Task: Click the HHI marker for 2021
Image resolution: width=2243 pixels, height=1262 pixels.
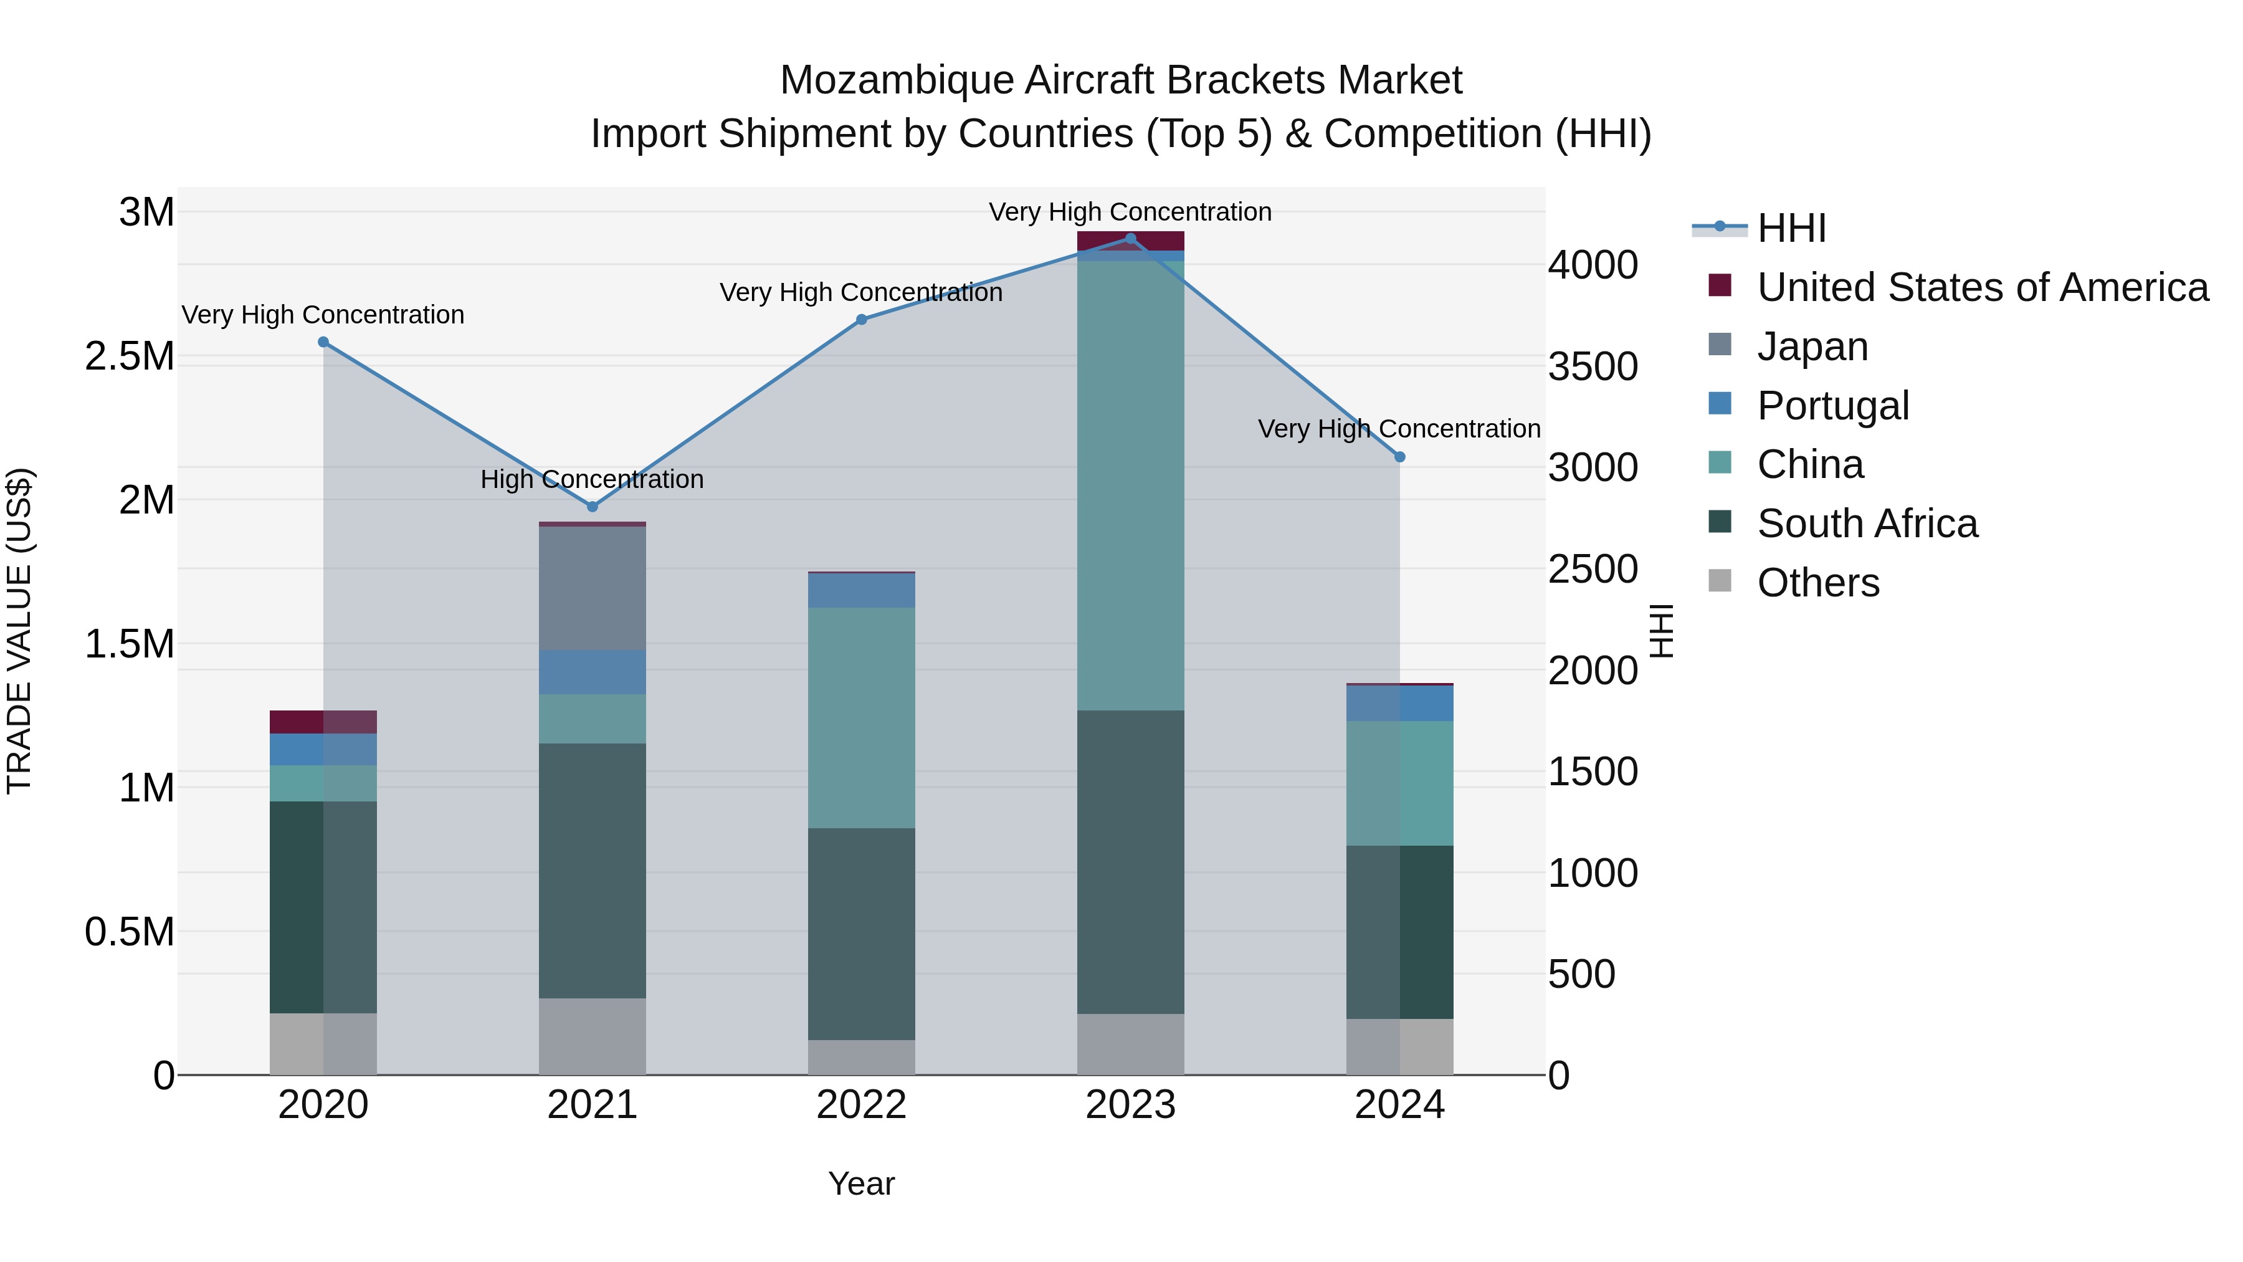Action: [592, 506]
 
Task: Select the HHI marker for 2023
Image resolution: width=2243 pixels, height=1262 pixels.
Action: [1130, 239]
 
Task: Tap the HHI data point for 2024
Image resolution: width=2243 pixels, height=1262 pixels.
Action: [1399, 456]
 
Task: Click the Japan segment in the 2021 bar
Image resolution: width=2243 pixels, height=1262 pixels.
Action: [592, 588]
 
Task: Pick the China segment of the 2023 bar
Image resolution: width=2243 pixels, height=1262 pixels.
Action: [1130, 485]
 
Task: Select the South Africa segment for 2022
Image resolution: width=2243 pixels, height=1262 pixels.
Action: [861, 934]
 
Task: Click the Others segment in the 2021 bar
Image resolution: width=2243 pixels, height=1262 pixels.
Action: [592, 1036]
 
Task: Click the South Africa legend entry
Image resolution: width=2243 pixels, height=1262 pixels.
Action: [1866, 523]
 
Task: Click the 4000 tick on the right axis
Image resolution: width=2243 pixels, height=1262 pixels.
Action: [1593, 265]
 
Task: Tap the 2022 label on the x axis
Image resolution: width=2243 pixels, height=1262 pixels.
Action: [861, 1105]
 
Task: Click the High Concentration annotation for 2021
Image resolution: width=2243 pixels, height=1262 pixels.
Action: [592, 479]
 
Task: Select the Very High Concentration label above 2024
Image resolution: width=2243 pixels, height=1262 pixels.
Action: [1399, 429]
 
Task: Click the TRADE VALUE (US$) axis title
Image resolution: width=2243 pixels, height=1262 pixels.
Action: [19, 631]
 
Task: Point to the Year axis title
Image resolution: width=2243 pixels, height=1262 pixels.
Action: [861, 1183]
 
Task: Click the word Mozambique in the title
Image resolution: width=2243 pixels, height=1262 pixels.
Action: [896, 80]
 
